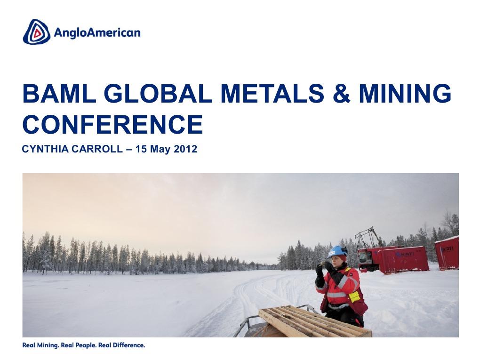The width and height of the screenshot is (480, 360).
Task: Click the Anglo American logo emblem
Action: point(36,32)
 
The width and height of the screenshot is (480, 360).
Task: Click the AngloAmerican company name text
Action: point(97,32)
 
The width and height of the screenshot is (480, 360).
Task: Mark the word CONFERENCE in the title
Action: point(112,124)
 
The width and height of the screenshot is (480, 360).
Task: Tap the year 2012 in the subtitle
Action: point(185,150)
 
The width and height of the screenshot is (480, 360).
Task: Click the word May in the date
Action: point(162,150)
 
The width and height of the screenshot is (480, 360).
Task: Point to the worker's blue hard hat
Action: point(337,252)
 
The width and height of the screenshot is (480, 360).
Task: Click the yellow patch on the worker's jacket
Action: point(354,296)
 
